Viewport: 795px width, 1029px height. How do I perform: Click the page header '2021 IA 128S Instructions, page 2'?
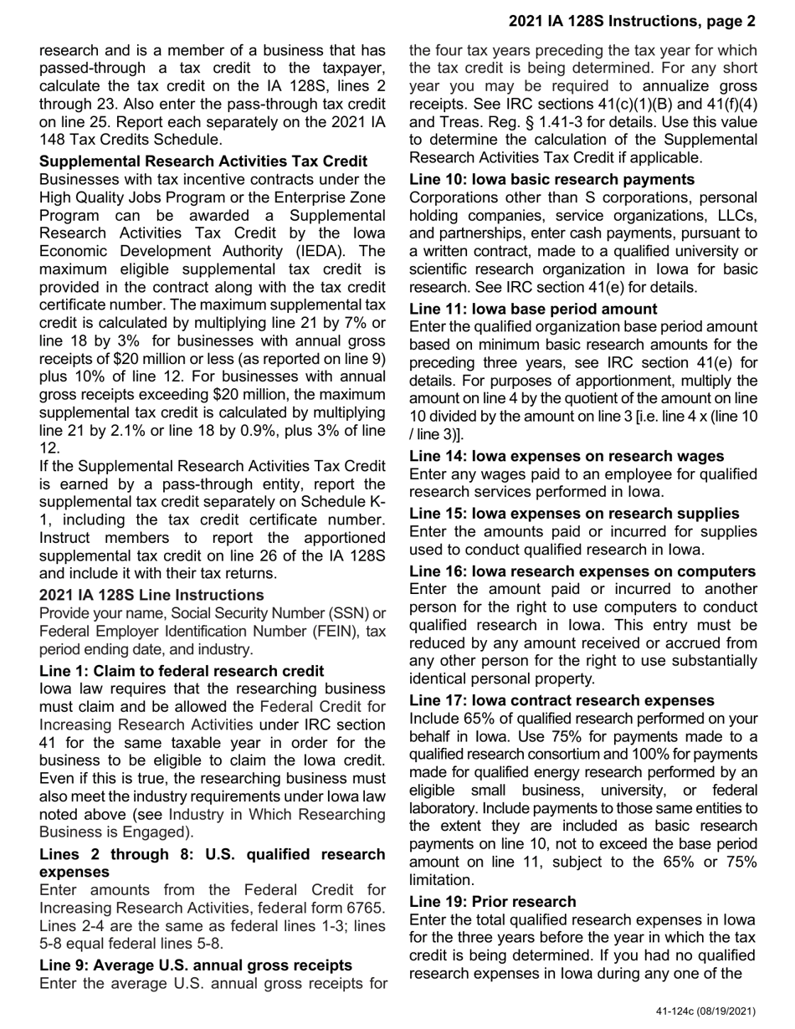coord(632,22)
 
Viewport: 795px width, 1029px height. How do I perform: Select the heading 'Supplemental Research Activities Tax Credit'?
coord(203,161)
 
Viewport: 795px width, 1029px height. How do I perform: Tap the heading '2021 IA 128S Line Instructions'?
coord(151,595)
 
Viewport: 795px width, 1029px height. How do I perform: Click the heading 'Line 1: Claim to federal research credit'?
coord(182,671)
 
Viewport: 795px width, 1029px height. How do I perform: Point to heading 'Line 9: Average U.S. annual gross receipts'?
coord(196,965)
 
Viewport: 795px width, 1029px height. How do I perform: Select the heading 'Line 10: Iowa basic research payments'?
coord(551,179)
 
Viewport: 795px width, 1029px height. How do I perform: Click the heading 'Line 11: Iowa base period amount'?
coord(533,309)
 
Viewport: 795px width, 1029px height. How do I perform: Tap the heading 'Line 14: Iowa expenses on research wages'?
coord(567,456)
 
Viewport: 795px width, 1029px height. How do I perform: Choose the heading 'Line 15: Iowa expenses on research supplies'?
coord(574,513)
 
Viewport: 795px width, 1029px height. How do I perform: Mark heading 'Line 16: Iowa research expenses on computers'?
coord(582,571)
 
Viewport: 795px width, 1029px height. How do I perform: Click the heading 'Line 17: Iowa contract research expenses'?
coord(562,700)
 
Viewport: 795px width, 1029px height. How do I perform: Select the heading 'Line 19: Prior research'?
coord(493,901)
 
